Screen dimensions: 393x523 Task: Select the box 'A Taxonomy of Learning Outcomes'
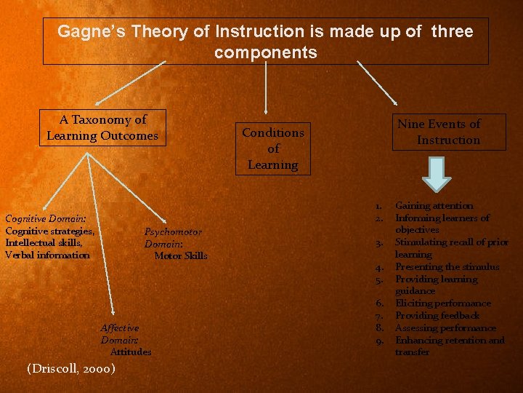pyautogui.click(x=102, y=128)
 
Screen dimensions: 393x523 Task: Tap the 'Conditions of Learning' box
pyautogui.click(x=273, y=148)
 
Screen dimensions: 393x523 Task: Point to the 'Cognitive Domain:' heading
pyautogui.click(x=45, y=218)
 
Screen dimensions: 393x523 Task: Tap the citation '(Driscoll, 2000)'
pyautogui.click(x=70, y=369)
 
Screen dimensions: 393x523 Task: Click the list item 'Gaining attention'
pyautogui.click(x=434, y=206)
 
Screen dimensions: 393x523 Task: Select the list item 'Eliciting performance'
pyautogui.click(x=442, y=303)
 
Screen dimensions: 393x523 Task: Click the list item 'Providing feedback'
pyautogui.click(x=437, y=316)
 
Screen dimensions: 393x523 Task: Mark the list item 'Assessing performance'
pyautogui.click(x=445, y=328)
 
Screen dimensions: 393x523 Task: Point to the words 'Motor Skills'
pyautogui.click(x=181, y=255)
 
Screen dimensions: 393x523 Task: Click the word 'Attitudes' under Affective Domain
pyautogui.click(x=131, y=352)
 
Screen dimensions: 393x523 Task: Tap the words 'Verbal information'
pyautogui.click(x=47, y=255)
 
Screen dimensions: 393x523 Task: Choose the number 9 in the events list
pyautogui.click(x=380, y=341)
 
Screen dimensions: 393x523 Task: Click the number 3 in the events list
pyautogui.click(x=380, y=243)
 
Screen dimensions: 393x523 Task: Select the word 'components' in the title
pyautogui.click(x=266, y=53)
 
